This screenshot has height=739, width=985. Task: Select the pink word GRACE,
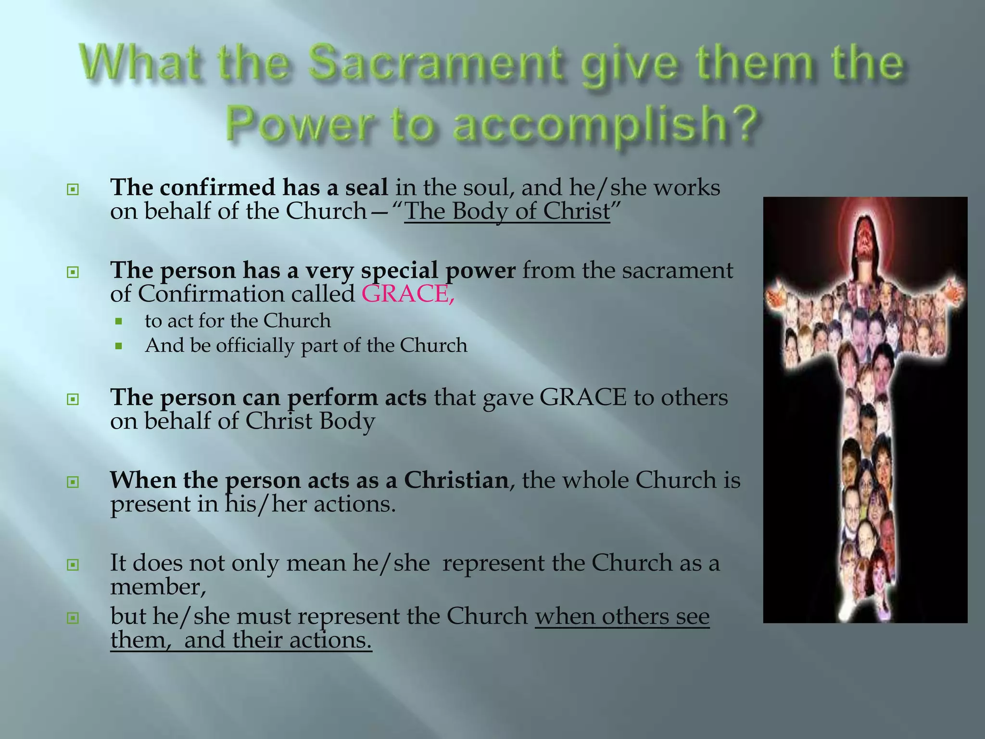point(408,294)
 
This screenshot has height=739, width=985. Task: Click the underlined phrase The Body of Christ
point(507,211)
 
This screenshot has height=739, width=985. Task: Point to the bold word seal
point(366,187)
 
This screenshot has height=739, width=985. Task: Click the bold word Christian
point(456,480)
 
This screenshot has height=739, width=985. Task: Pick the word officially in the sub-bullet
point(255,345)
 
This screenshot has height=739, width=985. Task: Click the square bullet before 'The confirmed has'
point(72,190)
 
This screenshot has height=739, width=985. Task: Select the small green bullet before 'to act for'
point(119,321)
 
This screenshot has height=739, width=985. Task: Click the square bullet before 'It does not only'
point(72,564)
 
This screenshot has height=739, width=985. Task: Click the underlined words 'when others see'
point(622,616)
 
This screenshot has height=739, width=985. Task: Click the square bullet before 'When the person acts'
point(72,482)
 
